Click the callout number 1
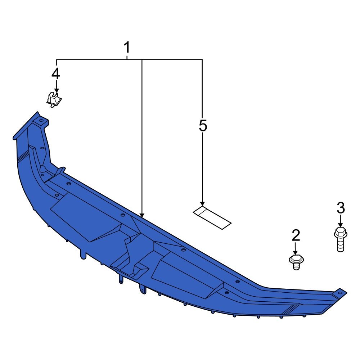click(127, 48)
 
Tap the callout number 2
click(296, 235)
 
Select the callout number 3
click(341, 208)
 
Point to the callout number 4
click(56, 74)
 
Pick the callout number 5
click(203, 126)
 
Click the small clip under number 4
click(54, 99)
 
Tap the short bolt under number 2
click(296, 262)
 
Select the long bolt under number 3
click(341, 239)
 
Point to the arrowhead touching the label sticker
click(202, 204)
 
